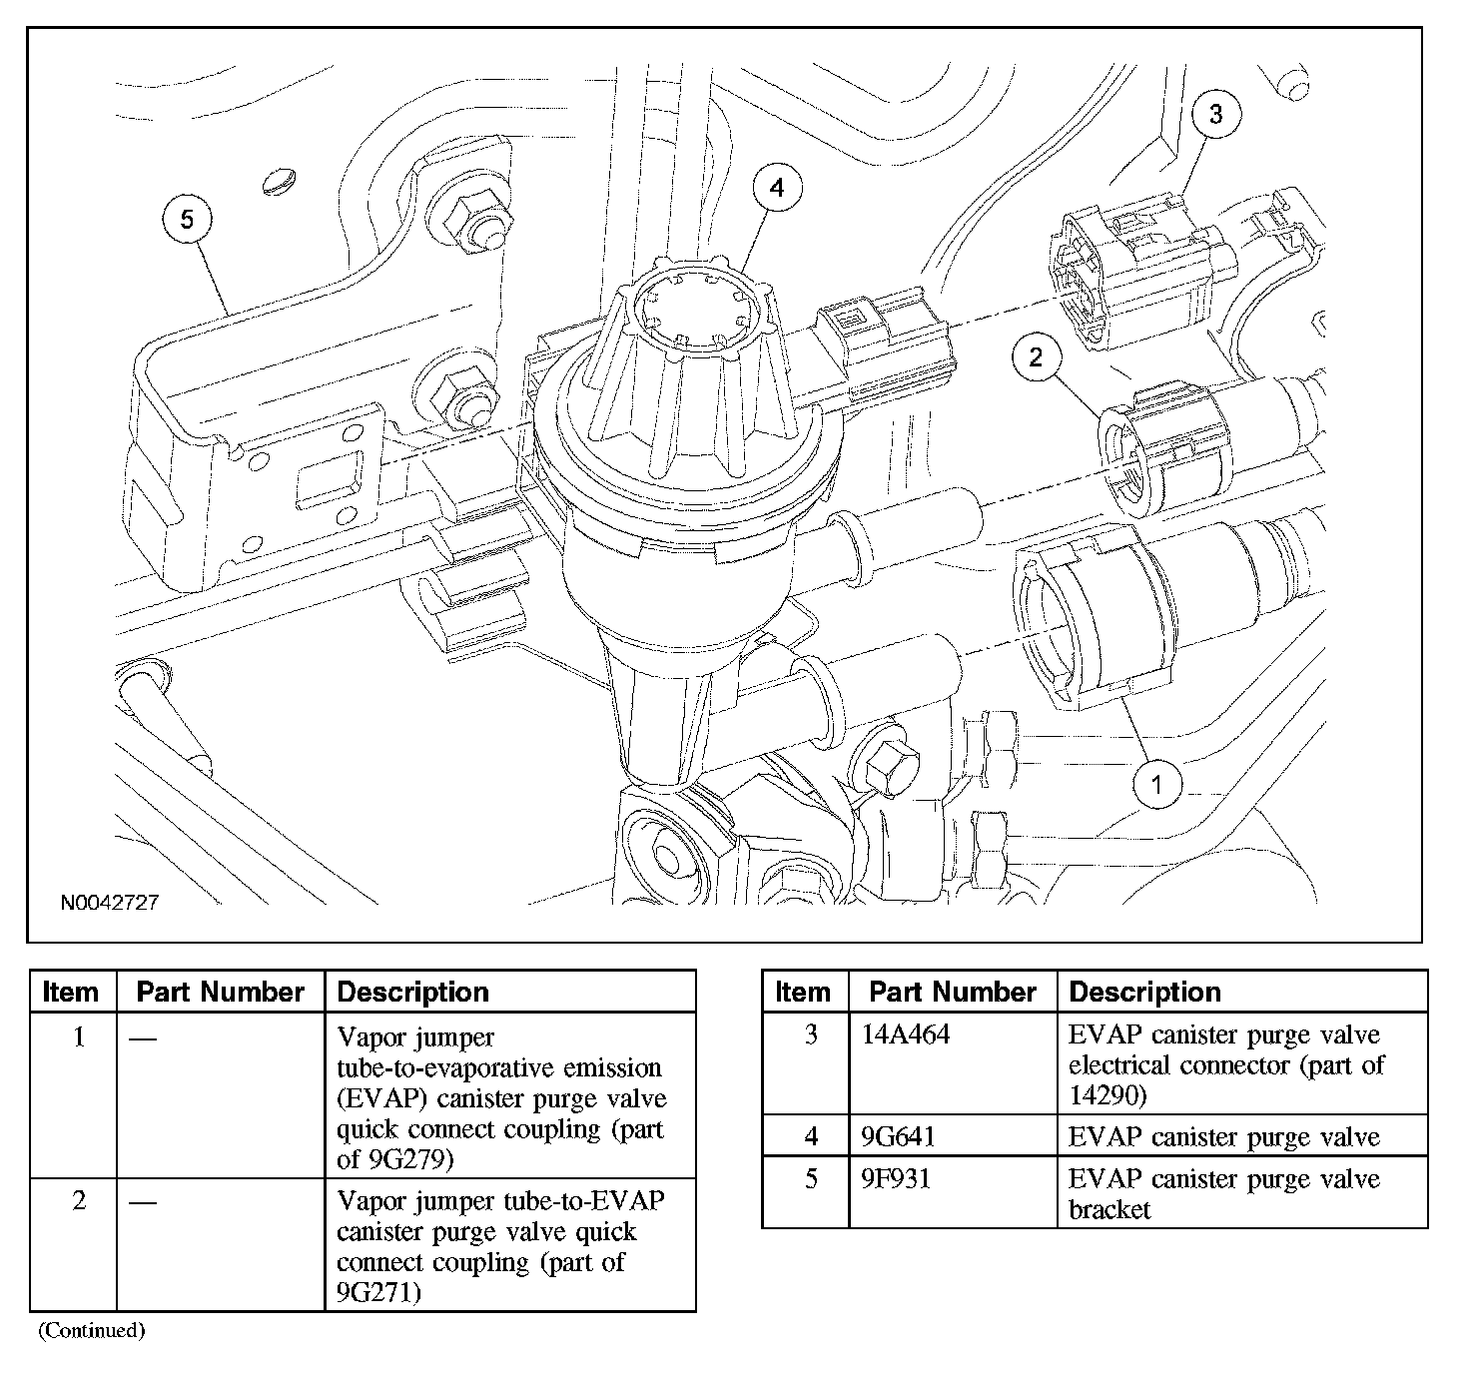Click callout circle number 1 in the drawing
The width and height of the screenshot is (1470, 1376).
[1157, 785]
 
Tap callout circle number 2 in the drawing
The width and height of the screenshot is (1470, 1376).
[1036, 356]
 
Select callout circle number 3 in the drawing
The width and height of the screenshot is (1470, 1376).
[1215, 114]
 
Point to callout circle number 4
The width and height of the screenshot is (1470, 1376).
[777, 188]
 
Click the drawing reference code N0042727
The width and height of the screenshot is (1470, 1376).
[110, 903]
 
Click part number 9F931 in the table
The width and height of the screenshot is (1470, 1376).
[896, 1179]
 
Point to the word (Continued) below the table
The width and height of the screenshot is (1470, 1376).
[92, 1330]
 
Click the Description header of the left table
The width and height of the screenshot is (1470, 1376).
[413, 993]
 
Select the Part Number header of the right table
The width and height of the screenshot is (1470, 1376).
[953, 993]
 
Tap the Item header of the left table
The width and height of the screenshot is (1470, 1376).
[71, 993]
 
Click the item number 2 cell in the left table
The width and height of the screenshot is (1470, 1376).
[80, 1200]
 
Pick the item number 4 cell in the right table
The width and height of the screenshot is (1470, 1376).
[812, 1136]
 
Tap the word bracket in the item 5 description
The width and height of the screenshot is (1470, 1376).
[1109, 1210]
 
